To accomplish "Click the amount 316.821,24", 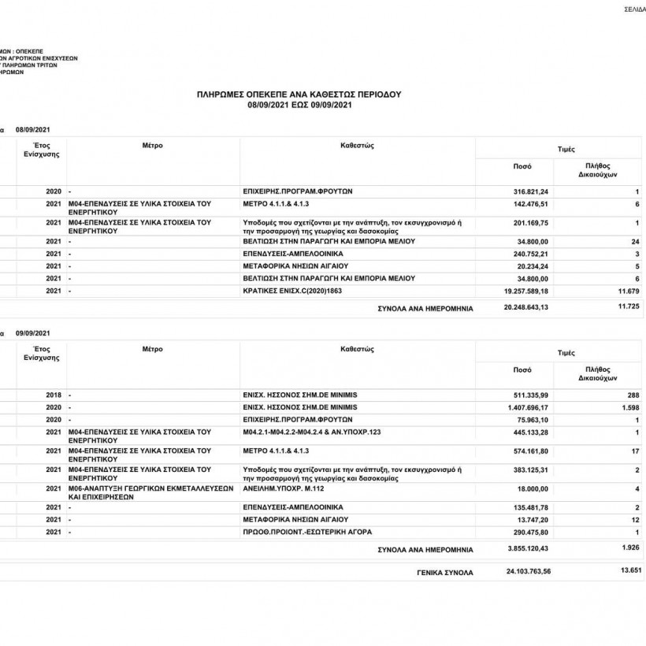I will [530, 192].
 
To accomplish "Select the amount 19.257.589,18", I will [525, 291].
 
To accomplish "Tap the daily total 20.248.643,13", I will [525, 308].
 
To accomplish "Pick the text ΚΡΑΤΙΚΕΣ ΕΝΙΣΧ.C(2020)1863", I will [293, 291].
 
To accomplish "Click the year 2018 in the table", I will [54, 394].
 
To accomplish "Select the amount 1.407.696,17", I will [527, 407].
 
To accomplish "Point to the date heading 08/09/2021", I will [32, 129].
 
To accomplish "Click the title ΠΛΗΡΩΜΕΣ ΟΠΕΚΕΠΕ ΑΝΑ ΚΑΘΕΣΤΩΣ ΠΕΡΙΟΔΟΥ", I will [299, 94].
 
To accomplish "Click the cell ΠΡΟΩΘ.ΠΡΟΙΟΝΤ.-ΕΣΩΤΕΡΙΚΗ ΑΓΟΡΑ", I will [306, 533].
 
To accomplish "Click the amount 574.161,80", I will [530, 451].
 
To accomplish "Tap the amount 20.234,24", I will [533, 266].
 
